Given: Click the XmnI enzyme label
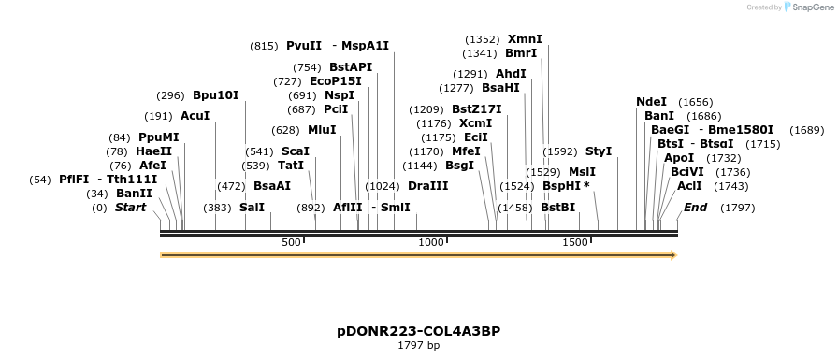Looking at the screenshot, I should point(525,39).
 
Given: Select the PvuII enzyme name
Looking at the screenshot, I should point(304,46).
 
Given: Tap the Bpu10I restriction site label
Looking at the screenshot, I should point(216,95).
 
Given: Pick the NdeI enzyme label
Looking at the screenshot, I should point(652,102).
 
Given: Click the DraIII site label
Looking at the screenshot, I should point(428,186).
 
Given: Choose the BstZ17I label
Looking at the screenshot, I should point(477,109).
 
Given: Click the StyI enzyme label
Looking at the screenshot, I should point(599,151).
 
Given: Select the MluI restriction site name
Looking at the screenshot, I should point(322,130).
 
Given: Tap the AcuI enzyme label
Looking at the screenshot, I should point(195,116).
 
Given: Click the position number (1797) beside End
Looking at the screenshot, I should point(737,208).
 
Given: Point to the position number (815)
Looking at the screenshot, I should point(264,46).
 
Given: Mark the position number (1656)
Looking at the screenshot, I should point(696,102).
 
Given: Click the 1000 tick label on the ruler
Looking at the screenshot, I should point(431,243).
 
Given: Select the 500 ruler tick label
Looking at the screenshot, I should point(291,243).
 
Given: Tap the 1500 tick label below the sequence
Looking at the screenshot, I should point(575,243).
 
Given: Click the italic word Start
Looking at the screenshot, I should point(131,208).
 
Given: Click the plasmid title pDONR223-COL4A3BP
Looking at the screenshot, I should point(419,331).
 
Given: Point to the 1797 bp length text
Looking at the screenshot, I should point(419,346).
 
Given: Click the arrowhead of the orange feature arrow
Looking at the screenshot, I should point(672,254).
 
